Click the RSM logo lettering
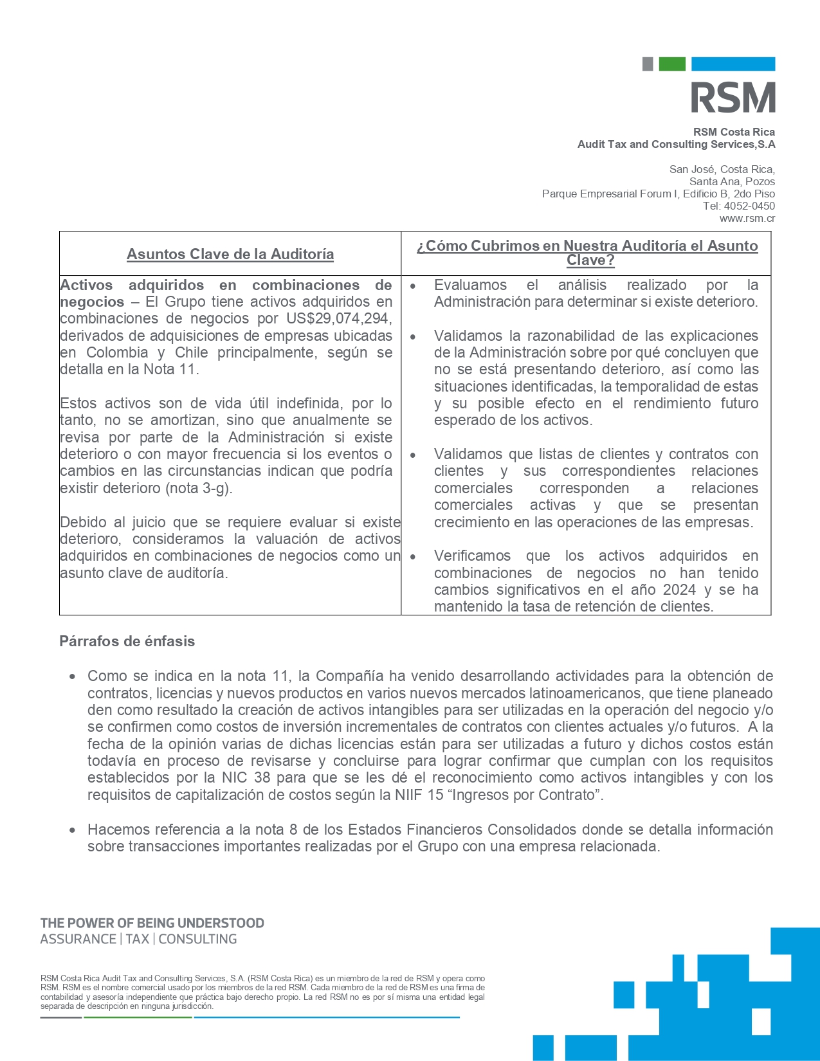pos(733,98)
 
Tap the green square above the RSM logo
pos(671,64)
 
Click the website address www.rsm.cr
pos(747,219)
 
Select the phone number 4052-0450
pos(749,206)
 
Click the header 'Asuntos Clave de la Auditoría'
pos(230,255)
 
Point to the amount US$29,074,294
pos(339,319)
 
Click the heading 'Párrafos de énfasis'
pos(127,642)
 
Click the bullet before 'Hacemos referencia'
pos(73,830)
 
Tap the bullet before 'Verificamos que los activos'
pos(413,557)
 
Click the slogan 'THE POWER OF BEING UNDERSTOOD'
pos(152,923)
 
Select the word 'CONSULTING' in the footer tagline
pos(198,939)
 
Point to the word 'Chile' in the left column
pos(192,353)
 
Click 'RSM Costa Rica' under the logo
pos(734,132)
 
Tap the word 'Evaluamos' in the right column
pos(470,286)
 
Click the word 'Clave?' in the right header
pos(590,260)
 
